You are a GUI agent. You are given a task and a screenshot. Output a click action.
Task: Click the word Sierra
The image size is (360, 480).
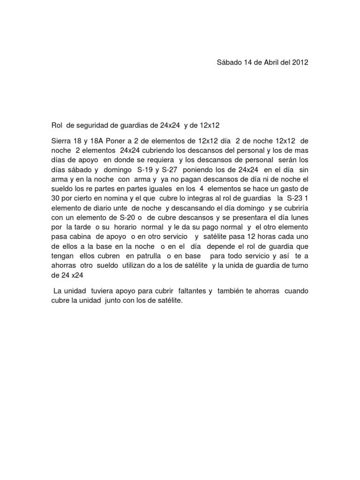coord(61,141)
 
